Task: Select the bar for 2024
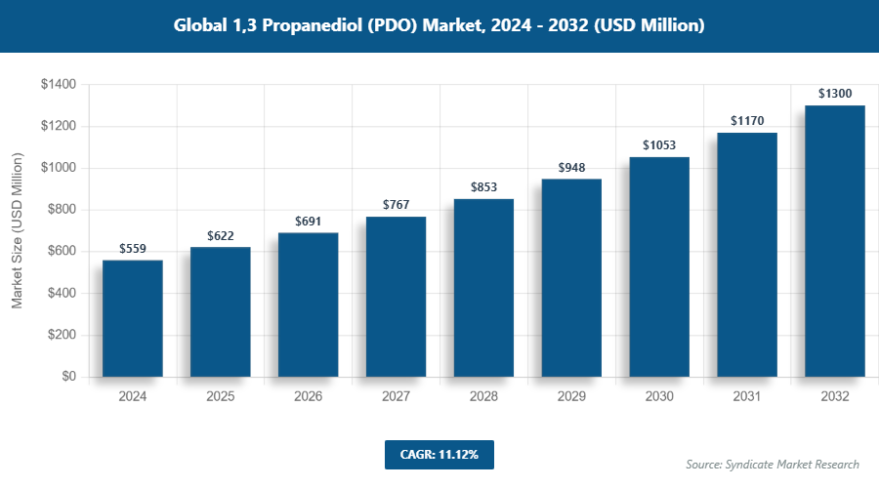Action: (132, 318)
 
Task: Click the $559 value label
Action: (132, 250)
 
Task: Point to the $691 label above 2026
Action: (308, 222)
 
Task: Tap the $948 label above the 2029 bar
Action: (571, 168)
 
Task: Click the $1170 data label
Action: (747, 121)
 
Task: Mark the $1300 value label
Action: (835, 94)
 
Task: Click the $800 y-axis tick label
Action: (61, 210)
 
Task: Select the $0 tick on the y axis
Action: (69, 377)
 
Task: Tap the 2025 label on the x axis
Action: (220, 397)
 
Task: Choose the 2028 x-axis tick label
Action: (483, 397)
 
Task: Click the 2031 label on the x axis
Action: (747, 397)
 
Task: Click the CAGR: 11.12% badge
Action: (439, 455)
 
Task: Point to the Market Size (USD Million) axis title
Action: (17, 230)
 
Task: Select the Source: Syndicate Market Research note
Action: (773, 465)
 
